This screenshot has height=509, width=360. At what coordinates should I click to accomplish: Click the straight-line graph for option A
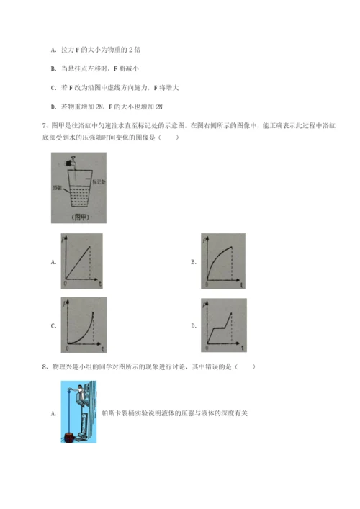(x=81, y=261)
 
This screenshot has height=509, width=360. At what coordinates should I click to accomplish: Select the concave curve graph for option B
(x=221, y=261)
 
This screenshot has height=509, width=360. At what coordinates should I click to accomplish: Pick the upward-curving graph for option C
(x=81, y=326)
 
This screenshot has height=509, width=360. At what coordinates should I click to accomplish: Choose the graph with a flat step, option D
(x=221, y=326)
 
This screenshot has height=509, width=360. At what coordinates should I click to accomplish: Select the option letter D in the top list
(x=54, y=107)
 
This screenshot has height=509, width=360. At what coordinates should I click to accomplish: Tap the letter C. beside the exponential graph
(x=54, y=327)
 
